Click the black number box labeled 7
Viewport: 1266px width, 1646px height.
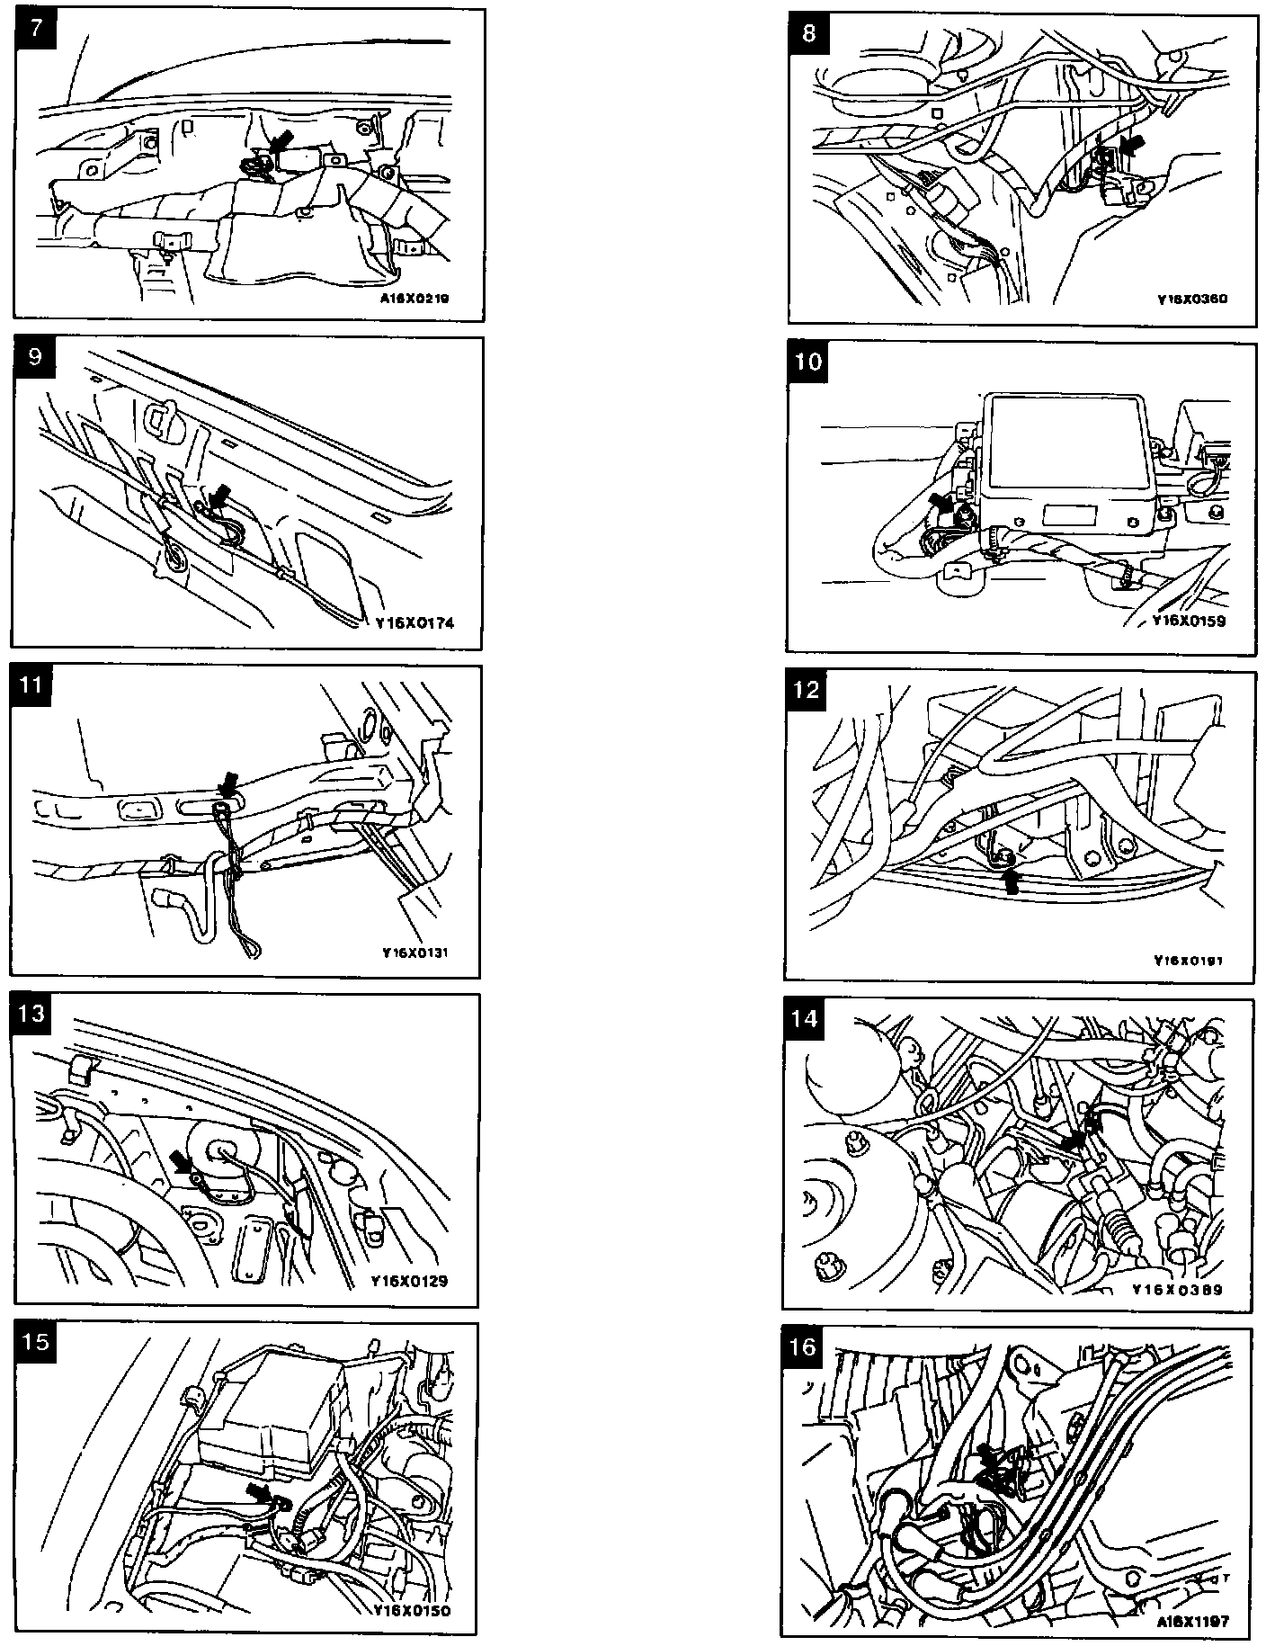coord(35,28)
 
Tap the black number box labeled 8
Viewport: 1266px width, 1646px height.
coord(809,33)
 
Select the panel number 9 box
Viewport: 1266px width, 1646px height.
coord(35,356)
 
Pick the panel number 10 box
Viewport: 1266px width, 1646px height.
coord(809,362)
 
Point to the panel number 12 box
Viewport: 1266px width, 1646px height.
coord(807,690)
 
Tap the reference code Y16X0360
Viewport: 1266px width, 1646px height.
coord(1191,299)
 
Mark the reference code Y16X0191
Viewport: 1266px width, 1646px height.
coord(1189,960)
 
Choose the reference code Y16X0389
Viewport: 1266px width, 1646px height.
coord(1178,1289)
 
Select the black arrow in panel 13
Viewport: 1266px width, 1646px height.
coord(183,1165)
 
